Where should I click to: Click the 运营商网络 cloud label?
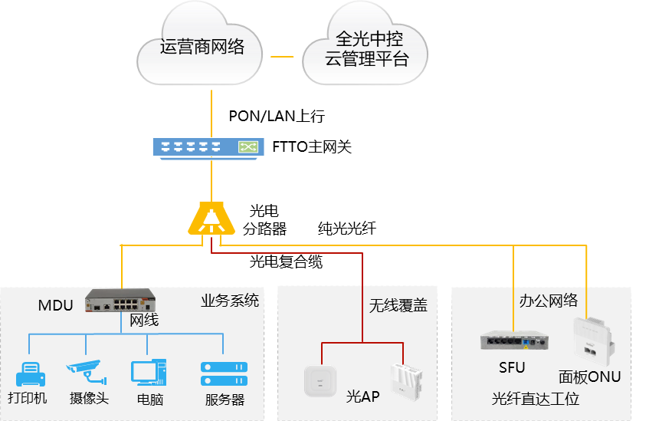coord(202,48)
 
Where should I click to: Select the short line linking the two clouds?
coord(282,56)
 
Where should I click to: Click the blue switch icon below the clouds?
coord(208,147)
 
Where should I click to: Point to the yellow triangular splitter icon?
coord(211,219)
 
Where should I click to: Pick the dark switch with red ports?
coord(120,300)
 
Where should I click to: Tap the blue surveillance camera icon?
coord(86,371)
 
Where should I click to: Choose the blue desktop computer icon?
coord(148,372)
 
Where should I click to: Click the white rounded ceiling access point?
coord(320,380)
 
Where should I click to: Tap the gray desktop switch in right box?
coord(515,340)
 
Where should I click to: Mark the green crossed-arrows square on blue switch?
coord(249,146)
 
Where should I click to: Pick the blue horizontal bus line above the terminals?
coord(126,334)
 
